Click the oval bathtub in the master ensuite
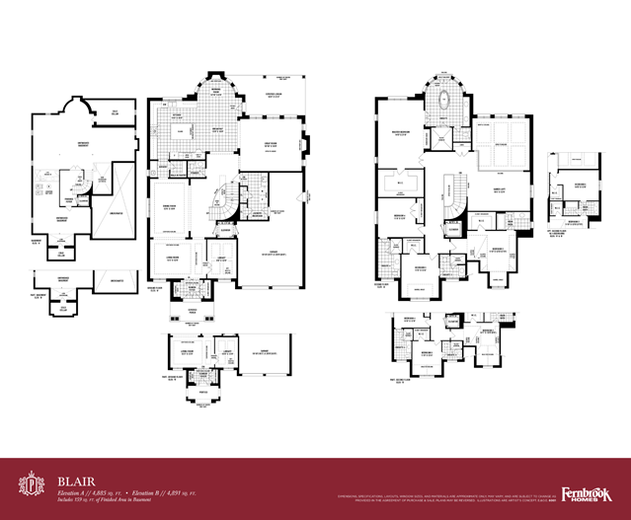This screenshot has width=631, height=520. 442,99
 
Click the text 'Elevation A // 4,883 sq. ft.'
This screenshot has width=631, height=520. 93,491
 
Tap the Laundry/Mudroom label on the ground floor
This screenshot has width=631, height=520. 255,215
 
